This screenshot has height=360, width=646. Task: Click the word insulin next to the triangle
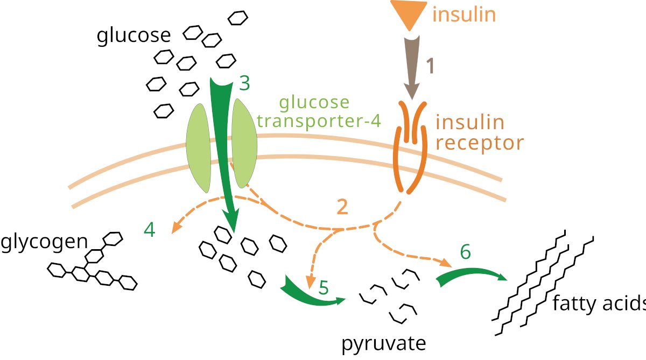pos(464,15)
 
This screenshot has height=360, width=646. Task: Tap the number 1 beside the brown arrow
pos(430,66)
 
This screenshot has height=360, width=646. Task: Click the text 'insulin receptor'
pos(472,133)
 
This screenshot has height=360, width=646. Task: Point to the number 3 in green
pos(245,83)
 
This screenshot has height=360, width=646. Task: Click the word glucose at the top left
pos(133,36)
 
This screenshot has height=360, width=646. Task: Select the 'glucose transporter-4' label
pos(319,111)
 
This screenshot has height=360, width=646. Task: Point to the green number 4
pos(150,230)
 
